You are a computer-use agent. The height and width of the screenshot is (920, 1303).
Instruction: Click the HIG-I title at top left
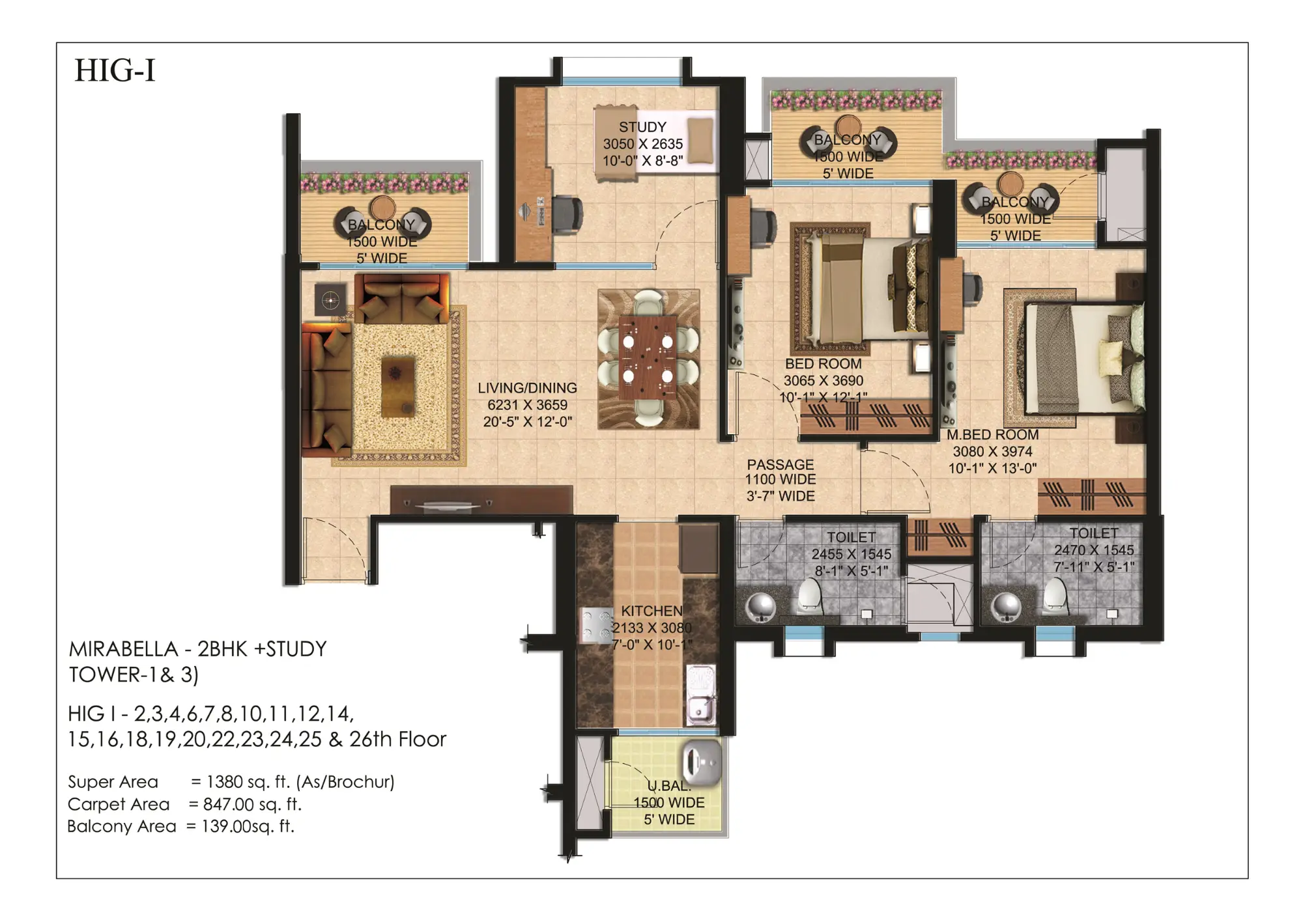(115, 70)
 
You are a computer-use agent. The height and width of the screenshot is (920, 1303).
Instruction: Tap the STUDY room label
(642, 127)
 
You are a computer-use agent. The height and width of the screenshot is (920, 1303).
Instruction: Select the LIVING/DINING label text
(527, 388)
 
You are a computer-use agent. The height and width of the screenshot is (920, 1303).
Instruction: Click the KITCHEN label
(651, 611)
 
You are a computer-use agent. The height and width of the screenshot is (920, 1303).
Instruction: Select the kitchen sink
(701, 707)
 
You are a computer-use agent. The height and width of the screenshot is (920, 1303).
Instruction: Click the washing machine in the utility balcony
(702, 762)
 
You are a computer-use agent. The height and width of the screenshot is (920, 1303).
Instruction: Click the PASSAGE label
(780, 464)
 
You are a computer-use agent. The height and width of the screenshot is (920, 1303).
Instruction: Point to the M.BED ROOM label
(992, 434)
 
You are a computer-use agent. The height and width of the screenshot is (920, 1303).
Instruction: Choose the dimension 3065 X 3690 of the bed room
(823, 381)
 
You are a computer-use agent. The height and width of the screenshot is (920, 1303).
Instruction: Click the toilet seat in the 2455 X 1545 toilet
(810, 595)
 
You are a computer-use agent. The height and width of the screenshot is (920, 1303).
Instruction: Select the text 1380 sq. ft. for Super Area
(248, 781)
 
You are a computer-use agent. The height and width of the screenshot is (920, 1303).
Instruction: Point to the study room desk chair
(568, 214)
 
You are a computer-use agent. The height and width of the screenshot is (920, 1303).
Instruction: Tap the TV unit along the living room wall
(481, 500)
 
